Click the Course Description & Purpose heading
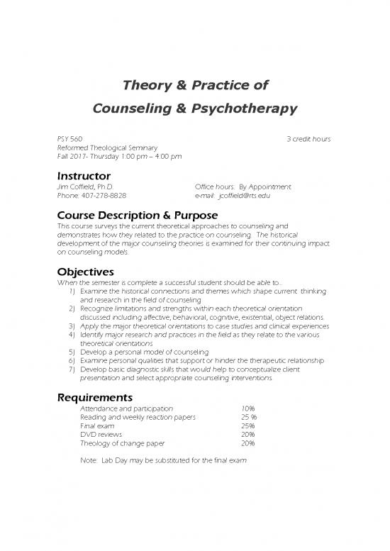coord(137,215)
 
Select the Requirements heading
coord(95,397)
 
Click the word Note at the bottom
coord(89,460)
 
